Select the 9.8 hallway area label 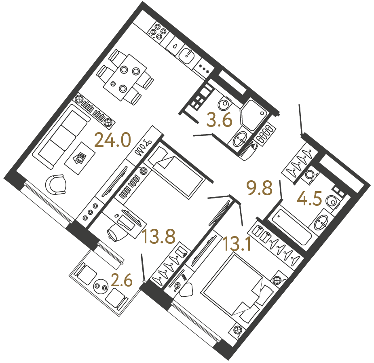pos(260,188)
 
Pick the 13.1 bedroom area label pos(237,243)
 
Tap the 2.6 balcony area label pos(122,280)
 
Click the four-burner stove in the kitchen pos(158,32)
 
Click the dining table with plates pos(125,77)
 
